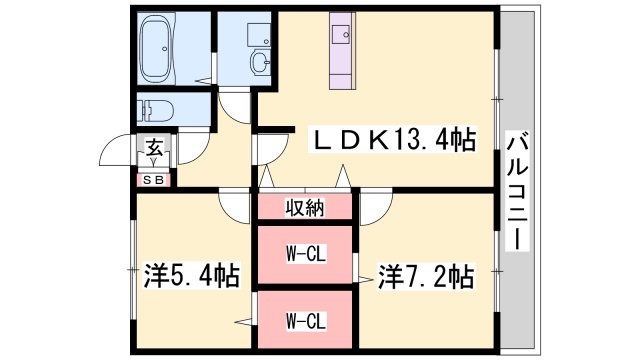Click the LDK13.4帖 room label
(x=393, y=140)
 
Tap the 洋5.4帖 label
(x=191, y=276)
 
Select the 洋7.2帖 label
(x=426, y=276)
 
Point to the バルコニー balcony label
(x=518, y=191)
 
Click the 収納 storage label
(x=304, y=207)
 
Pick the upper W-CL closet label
(x=306, y=255)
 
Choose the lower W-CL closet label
(x=306, y=321)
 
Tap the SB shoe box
(x=153, y=180)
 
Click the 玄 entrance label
(x=155, y=148)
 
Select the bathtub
(x=158, y=48)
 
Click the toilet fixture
(x=156, y=110)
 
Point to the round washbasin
(x=260, y=62)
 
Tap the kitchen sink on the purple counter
(x=341, y=33)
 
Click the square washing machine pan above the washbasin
(x=259, y=34)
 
